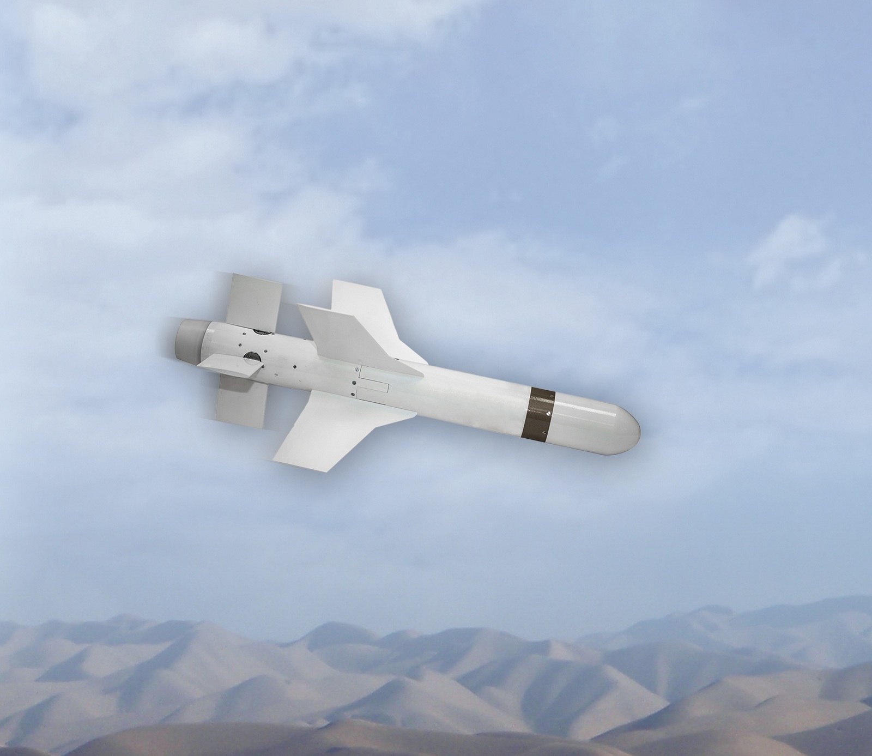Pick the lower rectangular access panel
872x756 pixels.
tap(373, 388)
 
